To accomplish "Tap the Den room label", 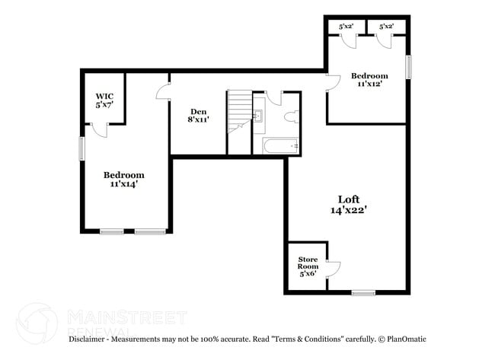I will tap(199, 111).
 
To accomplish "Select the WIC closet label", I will tap(104, 97).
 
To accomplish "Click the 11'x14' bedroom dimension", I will tap(123, 184).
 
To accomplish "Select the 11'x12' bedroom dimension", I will tap(369, 84).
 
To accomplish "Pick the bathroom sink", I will tap(257, 116).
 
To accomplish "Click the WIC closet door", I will tap(99, 129).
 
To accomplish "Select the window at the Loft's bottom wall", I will tap(363, 292).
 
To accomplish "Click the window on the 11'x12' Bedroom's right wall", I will tap(408, 67).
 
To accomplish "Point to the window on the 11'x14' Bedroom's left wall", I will tap(81, 148).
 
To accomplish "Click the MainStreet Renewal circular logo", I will tap(37, 323).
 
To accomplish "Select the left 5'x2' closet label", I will tap(345, 27).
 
